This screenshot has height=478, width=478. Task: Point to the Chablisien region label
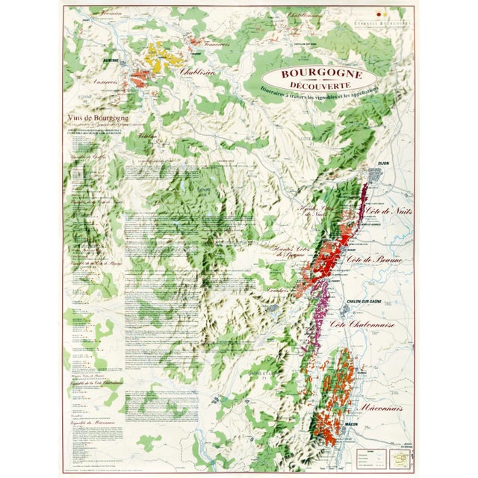195,72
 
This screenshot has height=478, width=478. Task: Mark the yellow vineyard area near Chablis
161,57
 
